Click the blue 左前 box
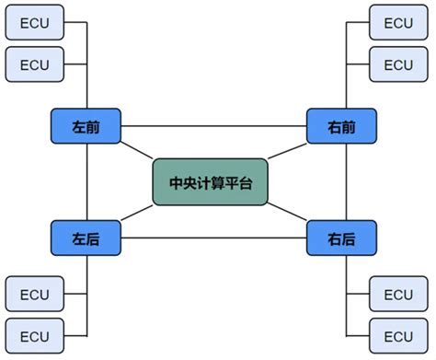tap(86, 125)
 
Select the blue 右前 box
tap(341, 125)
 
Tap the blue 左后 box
tap(86, 238)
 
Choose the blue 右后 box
tap(341, 238)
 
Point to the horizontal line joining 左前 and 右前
tap(213, 125)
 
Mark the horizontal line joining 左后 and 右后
tap(213, 238)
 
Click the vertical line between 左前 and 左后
tap(86, 182)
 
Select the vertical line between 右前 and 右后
tap(348, 182)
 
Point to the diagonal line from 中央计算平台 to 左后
tap(137, 214)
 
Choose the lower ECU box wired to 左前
tap(34, 64)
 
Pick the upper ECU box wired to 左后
tap(34, 295)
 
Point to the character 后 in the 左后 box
tap(93, 238)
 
